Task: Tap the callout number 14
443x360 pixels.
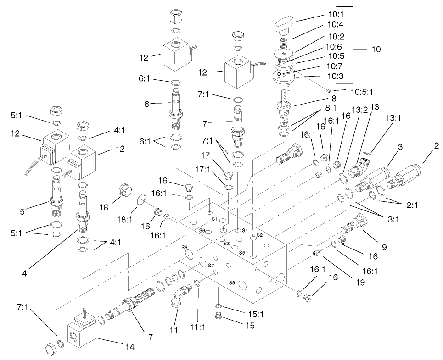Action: [x=130, y=347]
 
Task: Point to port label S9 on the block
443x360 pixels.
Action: [x=233, y=283]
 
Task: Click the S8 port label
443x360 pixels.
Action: [x=185, y=247]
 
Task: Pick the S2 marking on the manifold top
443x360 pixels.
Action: [x=259, y=234]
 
